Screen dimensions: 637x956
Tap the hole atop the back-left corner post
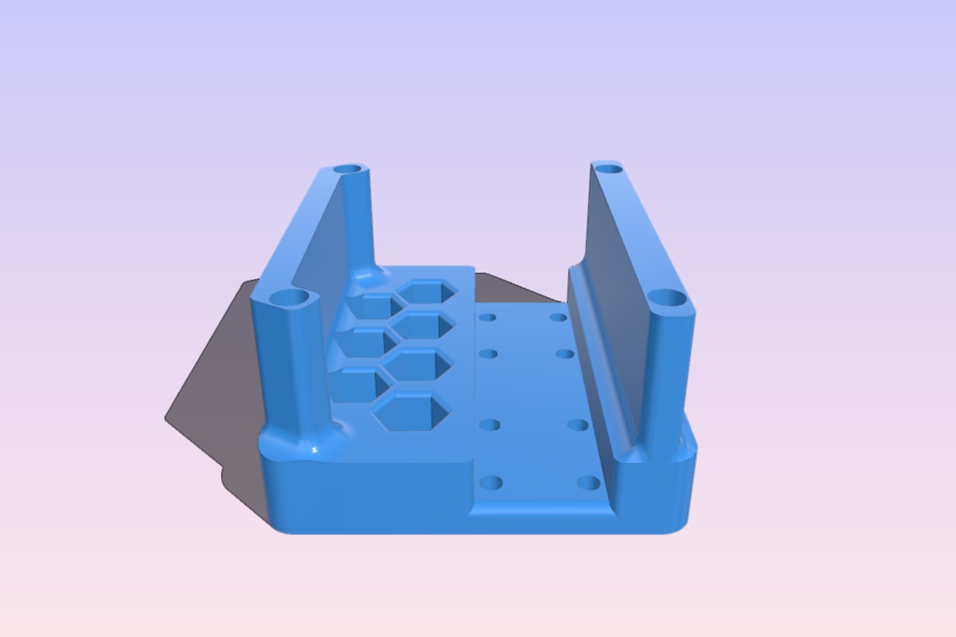(348, 170)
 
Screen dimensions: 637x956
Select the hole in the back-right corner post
(608, 168)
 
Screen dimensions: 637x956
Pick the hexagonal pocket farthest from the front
(426, 292)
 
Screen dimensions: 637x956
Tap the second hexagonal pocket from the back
(423, 326)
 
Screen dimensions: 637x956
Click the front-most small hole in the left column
(491, 484)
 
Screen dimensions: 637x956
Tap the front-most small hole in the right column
(588, 484)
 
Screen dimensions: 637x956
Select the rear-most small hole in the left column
(487, 317)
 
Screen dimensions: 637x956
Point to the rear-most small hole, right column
(559, 317)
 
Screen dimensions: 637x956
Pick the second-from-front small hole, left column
(490, 425)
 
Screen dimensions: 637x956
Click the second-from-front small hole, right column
(579, 425)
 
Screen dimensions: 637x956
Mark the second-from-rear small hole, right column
(564, 353)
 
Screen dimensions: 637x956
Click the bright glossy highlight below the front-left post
(314, 449)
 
